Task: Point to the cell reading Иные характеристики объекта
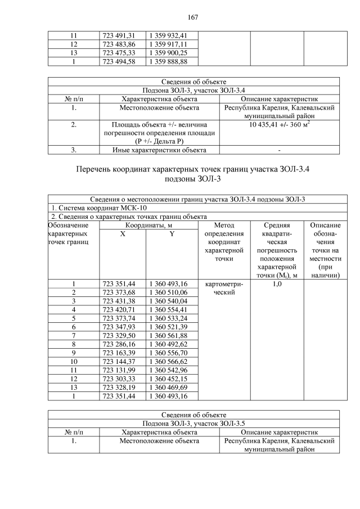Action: coord(158,150)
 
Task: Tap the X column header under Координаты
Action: coord(123,233)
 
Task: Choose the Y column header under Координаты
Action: coord(172,233)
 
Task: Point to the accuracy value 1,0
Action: coord(277,284)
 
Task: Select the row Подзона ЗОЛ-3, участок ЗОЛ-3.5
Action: coord(193,424)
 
